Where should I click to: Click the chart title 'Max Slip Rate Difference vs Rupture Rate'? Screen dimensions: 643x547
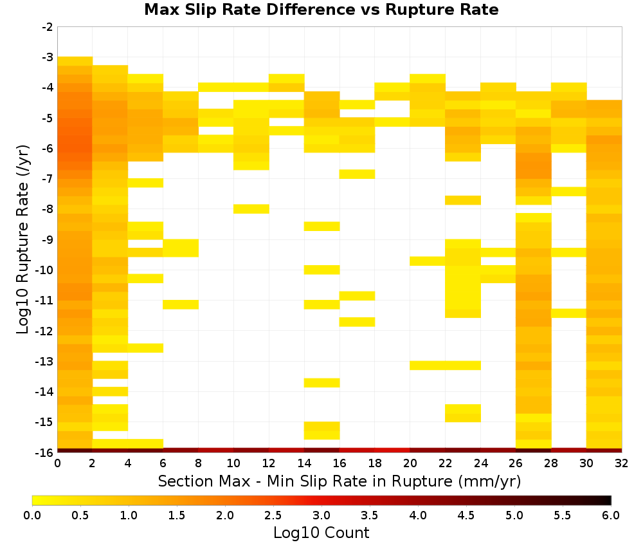321,10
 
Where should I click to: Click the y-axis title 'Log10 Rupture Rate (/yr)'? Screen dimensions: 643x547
23,239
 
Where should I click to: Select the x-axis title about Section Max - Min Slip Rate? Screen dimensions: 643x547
340,481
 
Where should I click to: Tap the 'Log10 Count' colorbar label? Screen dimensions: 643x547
321,533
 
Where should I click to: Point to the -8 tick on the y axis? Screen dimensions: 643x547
48,209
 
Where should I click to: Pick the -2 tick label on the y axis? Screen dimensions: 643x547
48,27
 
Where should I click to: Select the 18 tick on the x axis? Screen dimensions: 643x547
375,463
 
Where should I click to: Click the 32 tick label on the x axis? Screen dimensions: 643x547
622,463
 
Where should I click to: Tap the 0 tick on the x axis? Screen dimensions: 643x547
57,463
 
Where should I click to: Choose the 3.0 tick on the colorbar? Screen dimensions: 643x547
321,515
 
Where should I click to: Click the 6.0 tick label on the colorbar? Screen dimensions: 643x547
611,515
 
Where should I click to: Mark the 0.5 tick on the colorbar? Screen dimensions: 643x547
80,515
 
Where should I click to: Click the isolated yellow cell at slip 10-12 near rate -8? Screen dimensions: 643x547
251,209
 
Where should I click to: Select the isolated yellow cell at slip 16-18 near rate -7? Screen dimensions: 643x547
357,174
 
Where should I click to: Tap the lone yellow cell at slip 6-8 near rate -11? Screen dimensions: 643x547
181,304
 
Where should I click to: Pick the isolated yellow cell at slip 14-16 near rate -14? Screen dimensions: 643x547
322,383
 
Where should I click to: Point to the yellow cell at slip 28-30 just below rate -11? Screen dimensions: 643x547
569,313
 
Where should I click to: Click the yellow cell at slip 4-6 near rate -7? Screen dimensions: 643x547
145,183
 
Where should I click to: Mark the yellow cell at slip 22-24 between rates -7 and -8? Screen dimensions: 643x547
463,200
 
